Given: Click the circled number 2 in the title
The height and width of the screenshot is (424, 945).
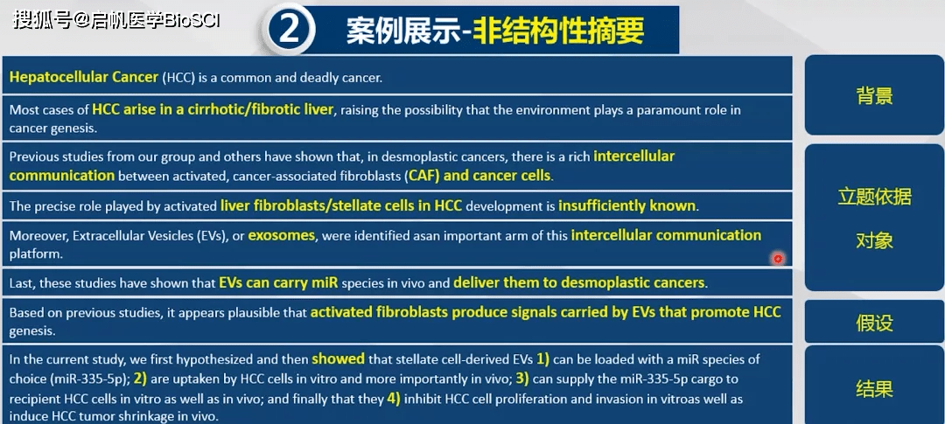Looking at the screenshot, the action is [x=289, y=28].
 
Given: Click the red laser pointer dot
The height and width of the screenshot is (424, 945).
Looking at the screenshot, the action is [x=778, y=259].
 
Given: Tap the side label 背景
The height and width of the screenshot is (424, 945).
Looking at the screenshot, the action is [x=874, y=96].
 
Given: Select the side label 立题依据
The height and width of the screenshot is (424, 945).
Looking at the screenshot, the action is [x=874, y=197].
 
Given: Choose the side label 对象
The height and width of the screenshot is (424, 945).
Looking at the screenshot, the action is [x=874, y=241].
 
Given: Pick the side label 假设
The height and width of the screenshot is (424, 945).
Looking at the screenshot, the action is [x=874, y=323].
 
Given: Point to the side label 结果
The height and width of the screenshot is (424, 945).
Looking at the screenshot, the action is [x=874, y=388].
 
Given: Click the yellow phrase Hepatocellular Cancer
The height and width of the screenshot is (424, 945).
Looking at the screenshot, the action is [x=84, y=77].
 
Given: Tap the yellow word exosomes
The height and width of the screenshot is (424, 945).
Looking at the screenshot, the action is [x=282, y=235].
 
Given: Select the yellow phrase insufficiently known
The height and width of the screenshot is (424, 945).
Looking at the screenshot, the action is [x=626, y=205].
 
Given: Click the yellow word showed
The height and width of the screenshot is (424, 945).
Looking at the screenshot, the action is [x=338, y=359].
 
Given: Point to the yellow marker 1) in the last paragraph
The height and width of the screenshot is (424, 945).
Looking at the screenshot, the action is [x=543, y=359].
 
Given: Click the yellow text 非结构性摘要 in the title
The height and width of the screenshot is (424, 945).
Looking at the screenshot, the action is [x=558, y=30].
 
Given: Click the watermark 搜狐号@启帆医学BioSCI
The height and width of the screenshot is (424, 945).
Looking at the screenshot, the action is [x=116, y=20].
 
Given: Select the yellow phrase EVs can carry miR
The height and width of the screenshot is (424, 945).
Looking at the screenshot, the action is [x=278, y=282].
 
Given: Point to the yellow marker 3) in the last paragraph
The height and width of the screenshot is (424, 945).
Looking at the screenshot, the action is [x=521, y=379].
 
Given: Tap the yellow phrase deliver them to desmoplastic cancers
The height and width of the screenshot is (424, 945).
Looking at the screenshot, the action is [x=579, y=282].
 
